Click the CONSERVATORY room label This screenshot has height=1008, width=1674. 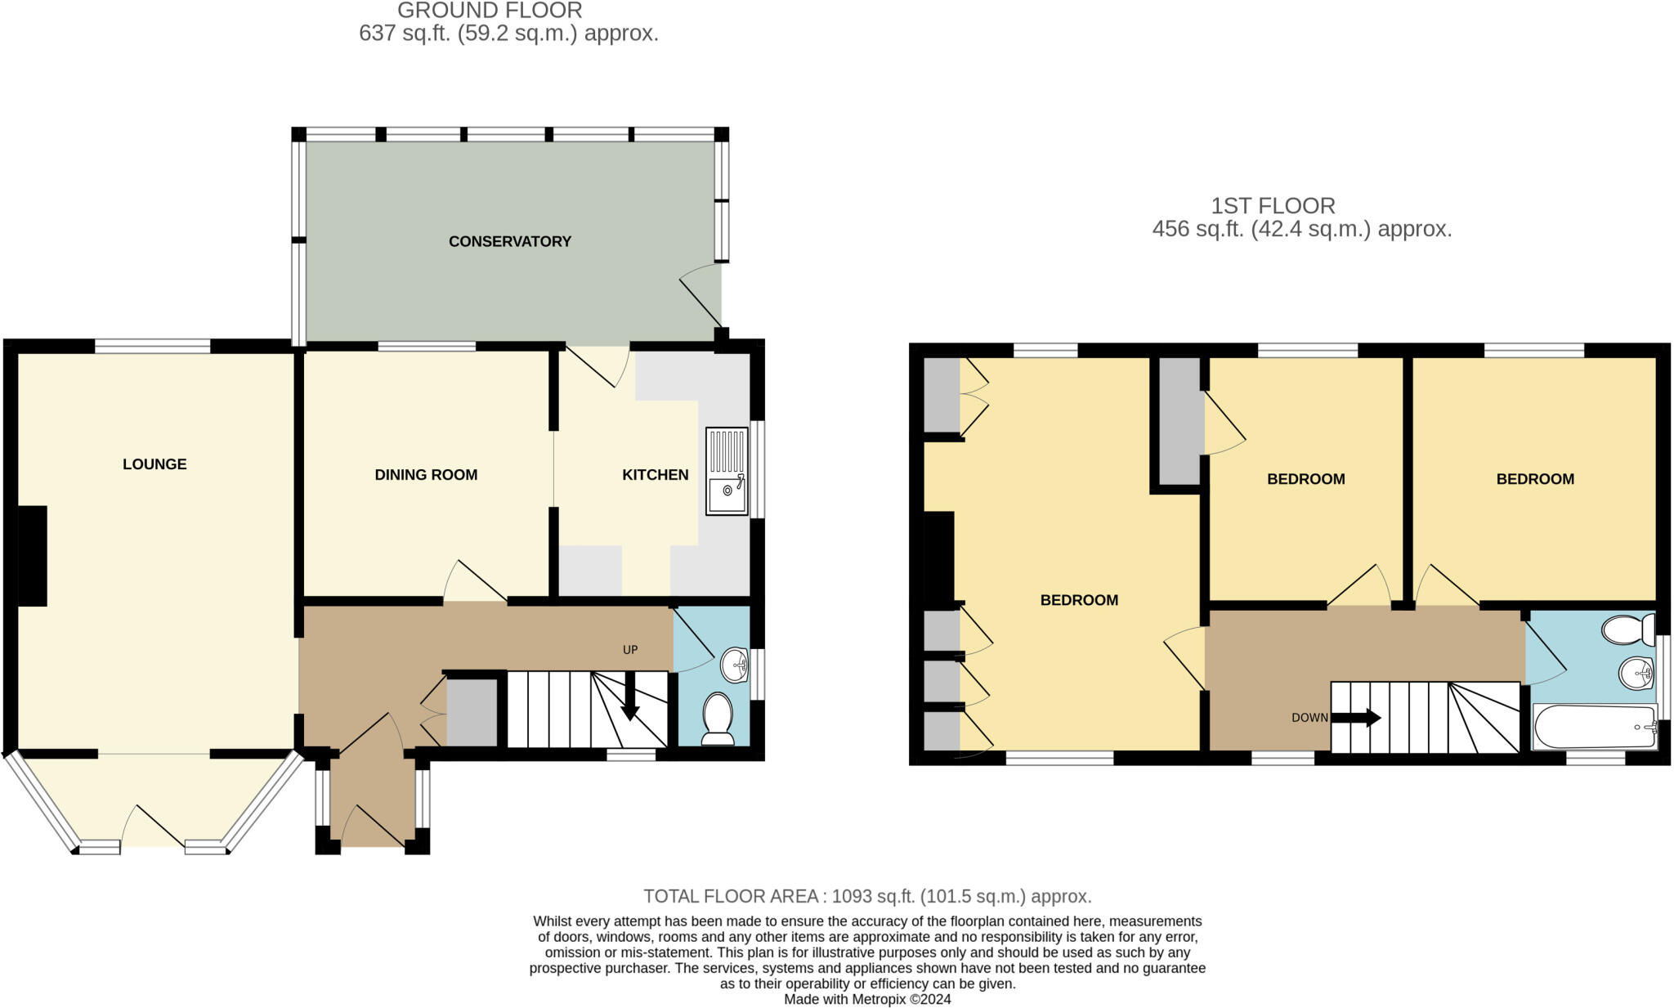[x=509, y=241]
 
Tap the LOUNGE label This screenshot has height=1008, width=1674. [x=154, y=464]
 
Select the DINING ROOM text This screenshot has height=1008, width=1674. [x=425, y=475]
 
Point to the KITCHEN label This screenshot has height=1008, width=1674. [x=655, y=475]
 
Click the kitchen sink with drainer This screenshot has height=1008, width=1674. [x=727, y=472]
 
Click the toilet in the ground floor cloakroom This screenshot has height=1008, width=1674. [x=718, y=719]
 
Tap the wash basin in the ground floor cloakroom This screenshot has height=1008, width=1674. [x=734, y=665]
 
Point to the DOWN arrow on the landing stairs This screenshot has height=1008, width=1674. [x=1355, y=718]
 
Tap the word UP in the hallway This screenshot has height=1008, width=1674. [x=630, y=650]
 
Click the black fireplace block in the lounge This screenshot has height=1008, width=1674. [x=33, y=556]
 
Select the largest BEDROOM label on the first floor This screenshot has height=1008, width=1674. [x=1079, y=600]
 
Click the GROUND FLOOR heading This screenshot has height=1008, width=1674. [x=490, y=11]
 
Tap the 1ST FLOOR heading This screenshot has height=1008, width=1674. [x=1273, y=206]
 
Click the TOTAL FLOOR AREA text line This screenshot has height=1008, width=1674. [x=867, y=896]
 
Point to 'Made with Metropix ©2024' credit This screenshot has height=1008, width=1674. [x=867, y=999]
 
